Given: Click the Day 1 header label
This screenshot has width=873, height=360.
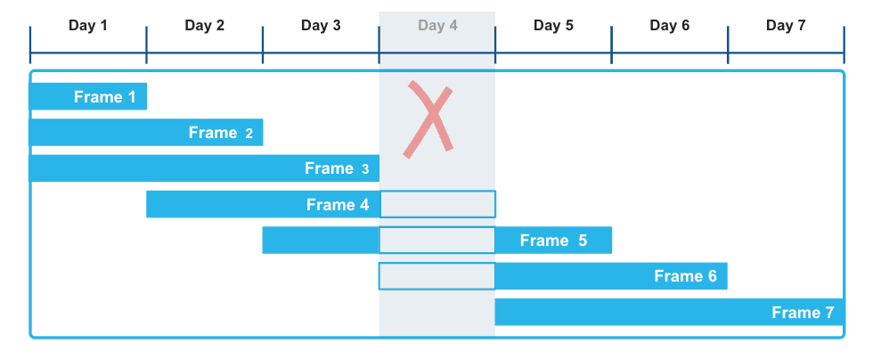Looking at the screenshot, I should pos(88,25).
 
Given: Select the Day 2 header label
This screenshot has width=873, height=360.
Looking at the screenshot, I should pos(204,25).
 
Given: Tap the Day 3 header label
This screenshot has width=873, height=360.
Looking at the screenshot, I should pos(321,25).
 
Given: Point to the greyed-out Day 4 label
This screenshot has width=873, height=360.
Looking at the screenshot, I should pos(437,25).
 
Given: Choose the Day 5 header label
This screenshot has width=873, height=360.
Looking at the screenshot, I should pos(553,25).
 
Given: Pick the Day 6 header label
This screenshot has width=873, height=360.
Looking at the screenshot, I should pos(670,25).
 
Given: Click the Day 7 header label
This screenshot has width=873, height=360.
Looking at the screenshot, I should pos(786,25).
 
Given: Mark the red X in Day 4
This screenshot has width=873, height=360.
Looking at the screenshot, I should pos(428,119).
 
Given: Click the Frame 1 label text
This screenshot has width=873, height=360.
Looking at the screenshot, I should pos(104,97).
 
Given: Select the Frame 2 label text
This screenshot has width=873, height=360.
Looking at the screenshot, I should pos(220,133).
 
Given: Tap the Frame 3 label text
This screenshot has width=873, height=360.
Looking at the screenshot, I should pos(336,168).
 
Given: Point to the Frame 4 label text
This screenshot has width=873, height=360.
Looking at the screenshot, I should pos(337,205).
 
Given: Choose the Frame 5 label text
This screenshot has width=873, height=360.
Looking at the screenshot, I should pos(553,241).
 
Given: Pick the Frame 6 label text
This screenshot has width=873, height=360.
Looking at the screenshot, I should pos(685,276).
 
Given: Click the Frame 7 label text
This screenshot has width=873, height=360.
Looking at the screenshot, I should pos(803,313).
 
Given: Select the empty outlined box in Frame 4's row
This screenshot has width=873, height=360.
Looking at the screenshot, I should pos(437,204).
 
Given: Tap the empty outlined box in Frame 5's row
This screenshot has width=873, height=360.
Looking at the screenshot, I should pos(437,241).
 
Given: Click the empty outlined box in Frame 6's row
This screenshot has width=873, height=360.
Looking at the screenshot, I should pos(437,276).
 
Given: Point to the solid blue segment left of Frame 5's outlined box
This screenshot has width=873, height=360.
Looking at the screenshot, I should pos(321,241).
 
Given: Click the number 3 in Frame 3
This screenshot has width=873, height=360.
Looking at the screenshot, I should pos(365,169).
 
